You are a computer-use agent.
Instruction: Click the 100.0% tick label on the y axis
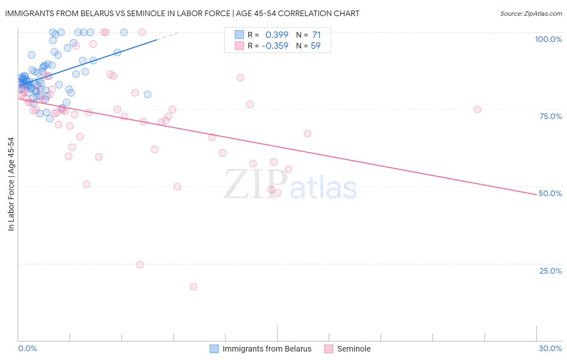click(x=548, y=39)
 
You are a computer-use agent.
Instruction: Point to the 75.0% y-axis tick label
click(x=550, y=116)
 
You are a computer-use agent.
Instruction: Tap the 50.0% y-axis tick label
click(x=550, y=193)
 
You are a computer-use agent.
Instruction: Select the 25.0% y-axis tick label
click(x=550, y=271)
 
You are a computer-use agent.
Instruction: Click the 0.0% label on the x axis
click(x=27, y=348)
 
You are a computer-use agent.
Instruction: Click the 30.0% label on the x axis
click(x=550, y=348)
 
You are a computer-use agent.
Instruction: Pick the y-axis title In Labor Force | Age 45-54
click(x=11, y=184)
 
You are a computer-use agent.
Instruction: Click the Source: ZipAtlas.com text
click(x=531, y=13)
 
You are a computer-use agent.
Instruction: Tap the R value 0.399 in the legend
click(x=277, y=35)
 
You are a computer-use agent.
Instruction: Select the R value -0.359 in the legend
click(x=275, y=46)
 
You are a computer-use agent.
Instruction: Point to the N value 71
click(x=316, y=35)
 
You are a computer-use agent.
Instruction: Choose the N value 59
click(x=315, y=46)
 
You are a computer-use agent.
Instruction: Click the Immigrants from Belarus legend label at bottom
click(x=267, y=349)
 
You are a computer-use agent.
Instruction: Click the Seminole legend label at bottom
click(x=354, y=349)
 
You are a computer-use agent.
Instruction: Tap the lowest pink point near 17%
click(x=194, y=287)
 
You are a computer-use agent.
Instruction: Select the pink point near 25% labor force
click(x=140, y=265)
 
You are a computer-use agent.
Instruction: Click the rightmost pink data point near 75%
click(x=477, y=109)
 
